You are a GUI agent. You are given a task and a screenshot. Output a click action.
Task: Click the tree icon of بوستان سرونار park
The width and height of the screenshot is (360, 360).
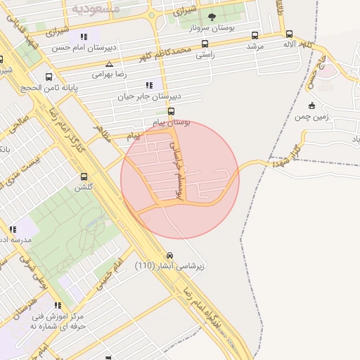click(212, 16)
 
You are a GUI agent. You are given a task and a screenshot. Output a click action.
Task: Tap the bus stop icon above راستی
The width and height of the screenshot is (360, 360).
click(205, 43)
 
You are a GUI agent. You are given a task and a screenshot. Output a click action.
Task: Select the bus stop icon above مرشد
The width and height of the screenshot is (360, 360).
click(254, 35)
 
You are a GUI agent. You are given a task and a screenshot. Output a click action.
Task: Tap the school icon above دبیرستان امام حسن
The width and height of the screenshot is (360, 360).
click(84, 37)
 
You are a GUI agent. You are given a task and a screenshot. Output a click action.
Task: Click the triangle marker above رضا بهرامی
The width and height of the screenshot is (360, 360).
click(109, 63)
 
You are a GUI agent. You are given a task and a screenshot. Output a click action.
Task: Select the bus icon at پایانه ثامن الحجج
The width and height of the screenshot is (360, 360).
click(49, 77)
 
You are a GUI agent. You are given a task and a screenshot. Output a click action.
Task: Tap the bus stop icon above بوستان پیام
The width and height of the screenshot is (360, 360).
click(171, 111)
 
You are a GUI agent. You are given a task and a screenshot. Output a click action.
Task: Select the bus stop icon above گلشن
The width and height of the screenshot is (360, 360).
click(84, 177)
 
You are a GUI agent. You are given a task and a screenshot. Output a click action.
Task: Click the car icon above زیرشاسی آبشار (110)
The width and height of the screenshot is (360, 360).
click(169, 255)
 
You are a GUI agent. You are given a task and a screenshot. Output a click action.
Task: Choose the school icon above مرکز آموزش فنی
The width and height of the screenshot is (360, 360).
click(58, 305)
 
